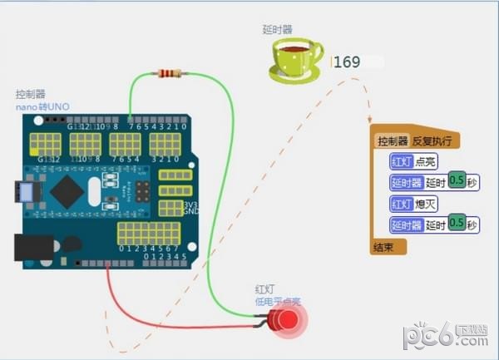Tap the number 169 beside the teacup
click(347, 62)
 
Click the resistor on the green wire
click(168, 74)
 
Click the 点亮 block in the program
click(427, 161)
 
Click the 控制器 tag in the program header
click(393, 141)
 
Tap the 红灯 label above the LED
click(264, 288)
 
